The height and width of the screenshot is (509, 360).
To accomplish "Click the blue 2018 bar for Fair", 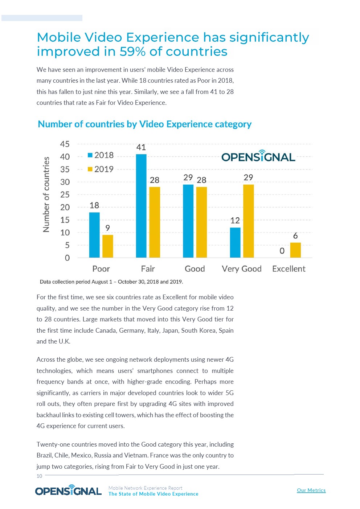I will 141,206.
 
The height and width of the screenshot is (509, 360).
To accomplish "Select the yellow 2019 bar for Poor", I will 108,246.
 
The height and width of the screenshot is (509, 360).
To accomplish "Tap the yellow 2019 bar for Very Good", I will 248,221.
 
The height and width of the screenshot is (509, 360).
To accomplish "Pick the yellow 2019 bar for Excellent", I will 295,250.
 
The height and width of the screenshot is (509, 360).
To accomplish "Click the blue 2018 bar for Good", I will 188,221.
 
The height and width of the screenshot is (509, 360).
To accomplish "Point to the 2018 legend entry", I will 101,155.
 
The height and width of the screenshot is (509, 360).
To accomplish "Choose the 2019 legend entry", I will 101,169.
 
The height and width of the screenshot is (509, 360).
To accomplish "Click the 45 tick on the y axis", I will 65,144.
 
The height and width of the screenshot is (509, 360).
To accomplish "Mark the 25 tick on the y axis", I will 65,195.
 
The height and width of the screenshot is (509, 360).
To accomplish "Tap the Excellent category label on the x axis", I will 289,269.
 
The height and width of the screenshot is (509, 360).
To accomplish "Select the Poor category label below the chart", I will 101,269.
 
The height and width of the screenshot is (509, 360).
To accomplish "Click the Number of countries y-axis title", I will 46,194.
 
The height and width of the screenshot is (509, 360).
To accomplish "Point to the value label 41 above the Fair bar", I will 141,147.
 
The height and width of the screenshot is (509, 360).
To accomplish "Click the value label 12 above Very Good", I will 235,221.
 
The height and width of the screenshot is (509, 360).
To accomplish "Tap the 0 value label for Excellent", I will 282,251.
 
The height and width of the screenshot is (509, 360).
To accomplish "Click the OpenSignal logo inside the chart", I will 258,156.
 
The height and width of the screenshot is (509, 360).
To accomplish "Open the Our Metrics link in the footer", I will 311,490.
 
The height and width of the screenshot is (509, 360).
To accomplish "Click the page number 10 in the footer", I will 39,476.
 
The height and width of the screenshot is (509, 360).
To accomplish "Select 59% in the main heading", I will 133,52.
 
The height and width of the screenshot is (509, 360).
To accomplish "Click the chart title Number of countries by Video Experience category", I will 144,124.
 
